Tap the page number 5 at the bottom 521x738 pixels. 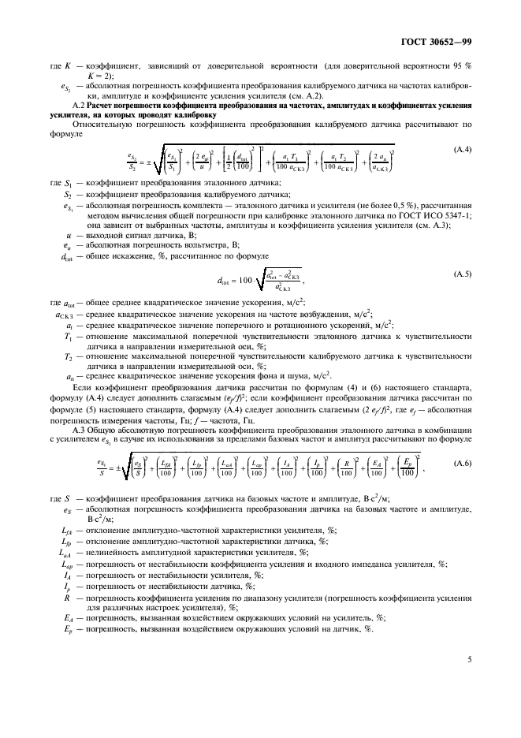tap(468, 657)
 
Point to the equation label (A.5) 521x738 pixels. tap(462, 273)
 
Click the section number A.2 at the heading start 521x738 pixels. tap(77, 105)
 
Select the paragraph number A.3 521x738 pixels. tap(77, 430)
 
